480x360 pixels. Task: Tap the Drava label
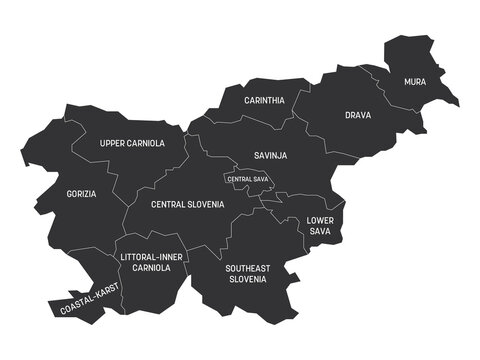click(x=358, y=116)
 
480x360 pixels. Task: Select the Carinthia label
click(x=265, y=101)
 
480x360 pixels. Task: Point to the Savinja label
click(x=271, y=155)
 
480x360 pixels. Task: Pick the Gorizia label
click(x=82, y=193)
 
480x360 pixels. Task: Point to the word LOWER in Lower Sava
click(x=320, y=219)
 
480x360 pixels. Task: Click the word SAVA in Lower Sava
click(x=320, y=231)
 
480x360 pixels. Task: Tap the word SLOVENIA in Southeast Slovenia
click(x=245, y=279)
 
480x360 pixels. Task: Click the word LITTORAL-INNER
click(x=151, y=257)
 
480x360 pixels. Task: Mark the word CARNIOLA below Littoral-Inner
click(x=151, y=269)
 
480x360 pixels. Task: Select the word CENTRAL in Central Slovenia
click(x=171, y=203)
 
